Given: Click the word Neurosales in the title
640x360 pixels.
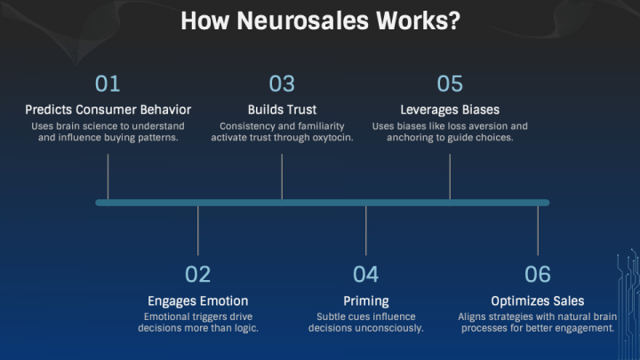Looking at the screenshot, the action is point(302,20).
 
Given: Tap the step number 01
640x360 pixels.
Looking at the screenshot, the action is point(108,84).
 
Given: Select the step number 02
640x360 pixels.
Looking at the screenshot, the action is point(197,275).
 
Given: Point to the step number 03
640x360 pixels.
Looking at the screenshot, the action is point(282,84).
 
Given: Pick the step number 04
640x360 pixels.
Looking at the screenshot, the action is point(365,275).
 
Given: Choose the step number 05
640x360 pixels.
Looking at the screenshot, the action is point(450,84).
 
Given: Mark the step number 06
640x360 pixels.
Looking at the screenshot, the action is point(538,275).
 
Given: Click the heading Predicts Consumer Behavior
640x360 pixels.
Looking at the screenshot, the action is point(108,110).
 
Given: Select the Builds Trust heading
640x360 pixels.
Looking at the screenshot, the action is point(282,110).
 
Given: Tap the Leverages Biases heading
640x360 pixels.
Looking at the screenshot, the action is point(450,110).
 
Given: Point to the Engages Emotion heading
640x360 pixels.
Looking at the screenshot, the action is point(198,301).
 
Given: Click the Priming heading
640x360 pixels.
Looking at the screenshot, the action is point(366,301).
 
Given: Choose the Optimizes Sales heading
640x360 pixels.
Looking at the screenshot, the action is point(538,301).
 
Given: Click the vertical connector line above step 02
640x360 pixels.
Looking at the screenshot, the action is point(198,230).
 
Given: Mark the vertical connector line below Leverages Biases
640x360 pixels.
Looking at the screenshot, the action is point(450,177).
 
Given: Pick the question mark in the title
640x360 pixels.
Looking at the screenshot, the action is point(454,20).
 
